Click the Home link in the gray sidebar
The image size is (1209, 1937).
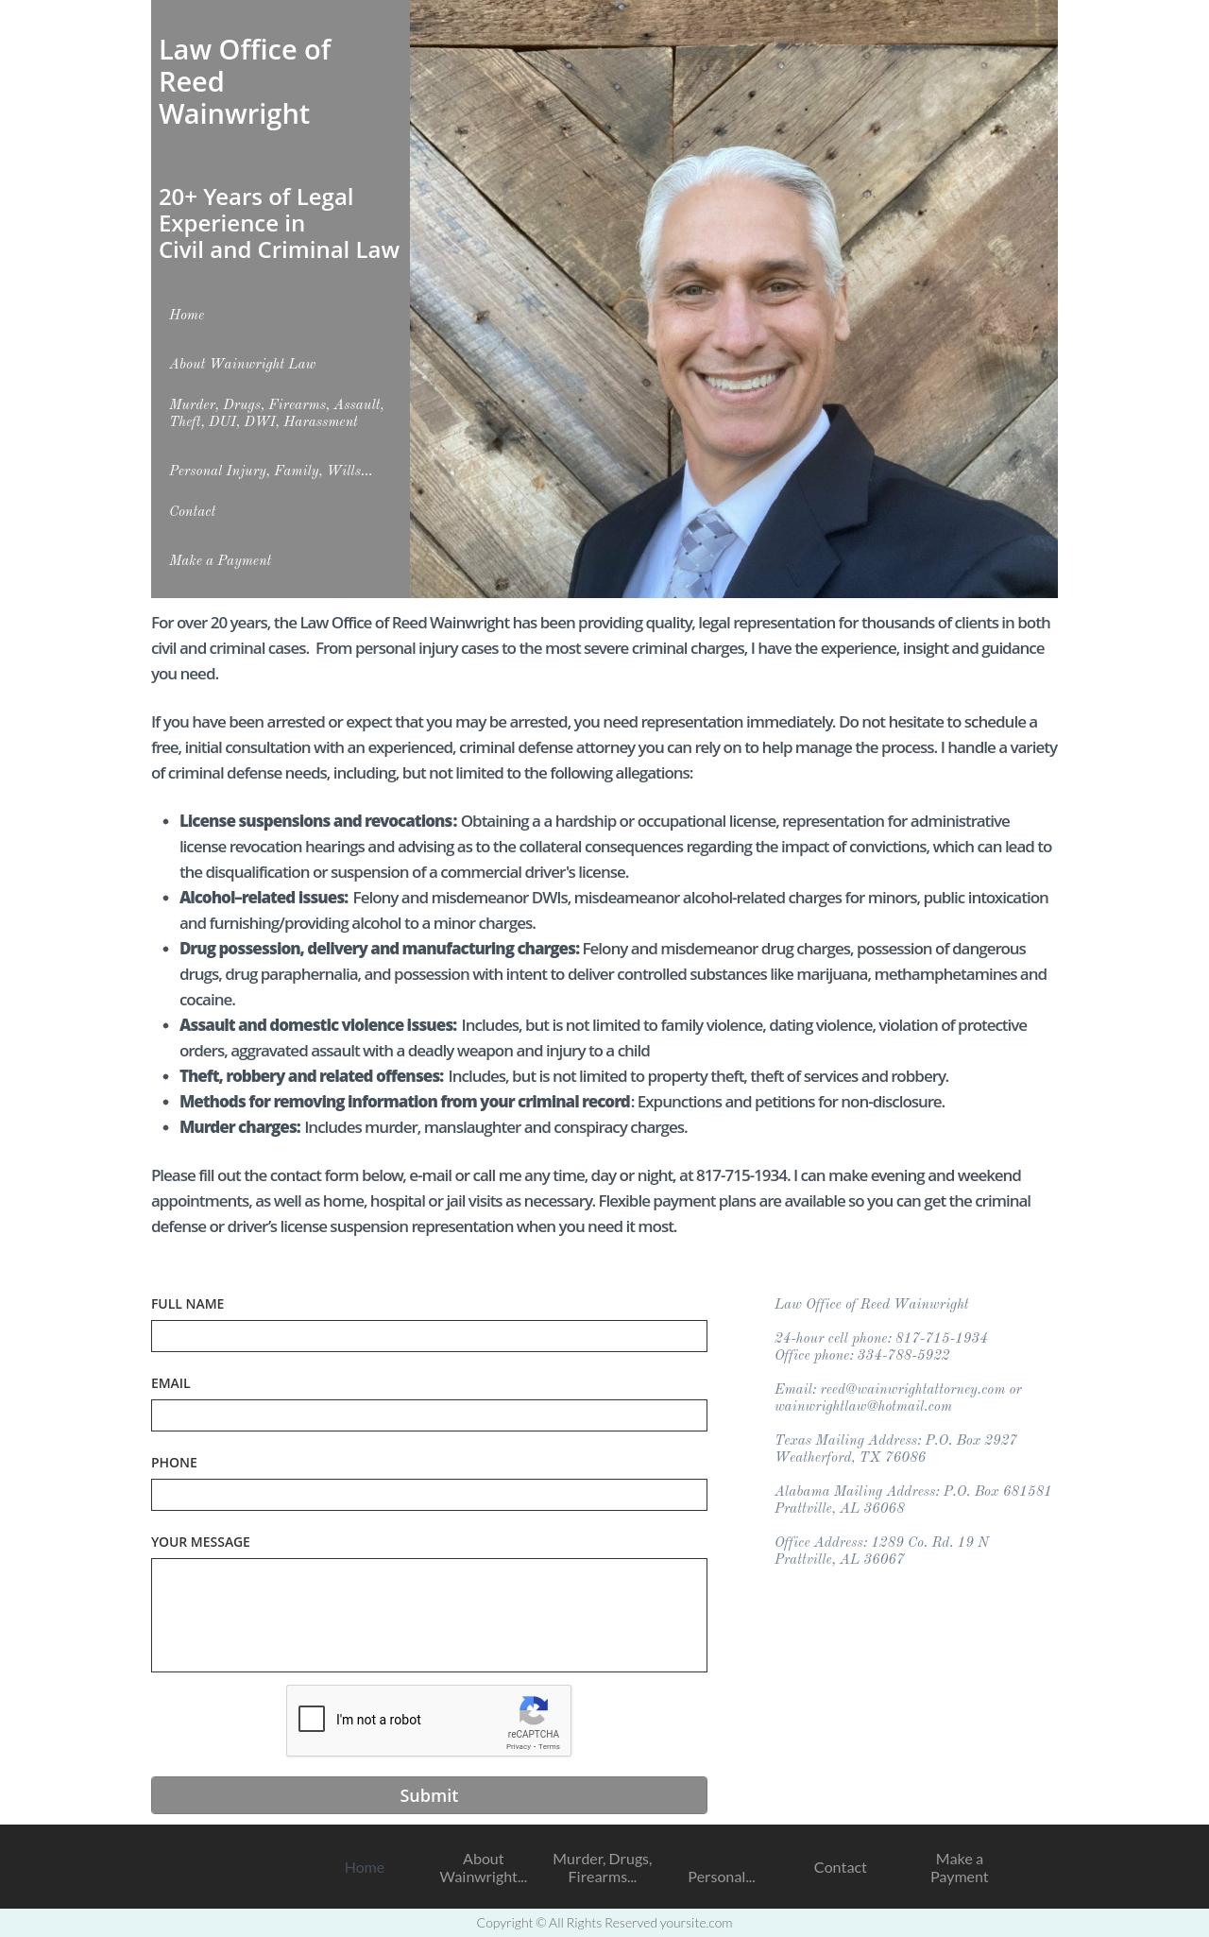click(187, 316)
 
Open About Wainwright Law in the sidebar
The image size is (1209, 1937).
click(243, 365)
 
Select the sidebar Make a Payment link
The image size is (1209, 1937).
click(220, 561)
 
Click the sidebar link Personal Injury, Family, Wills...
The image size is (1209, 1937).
click(270, 471)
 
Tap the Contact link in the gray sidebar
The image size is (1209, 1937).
click(193, 512)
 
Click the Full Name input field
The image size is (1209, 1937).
click(429, 1336)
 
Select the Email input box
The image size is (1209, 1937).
click(429, 1415)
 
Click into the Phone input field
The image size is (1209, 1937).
click(429, 1495)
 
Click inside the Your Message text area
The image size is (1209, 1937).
click(429, 1615)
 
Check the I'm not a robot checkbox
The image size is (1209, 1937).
click(312, 1719)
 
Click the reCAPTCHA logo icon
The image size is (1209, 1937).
click(534, 1711)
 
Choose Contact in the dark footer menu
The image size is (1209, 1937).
click(840, 1867)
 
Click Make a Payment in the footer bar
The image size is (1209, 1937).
click(959, 1867)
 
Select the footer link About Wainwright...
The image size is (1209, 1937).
click(483, 1867)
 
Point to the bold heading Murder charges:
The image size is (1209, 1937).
click(240, 1127)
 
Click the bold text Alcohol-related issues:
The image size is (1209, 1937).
click(264, 898)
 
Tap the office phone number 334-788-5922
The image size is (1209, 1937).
click(903, 1356)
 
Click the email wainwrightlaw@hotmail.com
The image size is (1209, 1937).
click(862, 1407)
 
